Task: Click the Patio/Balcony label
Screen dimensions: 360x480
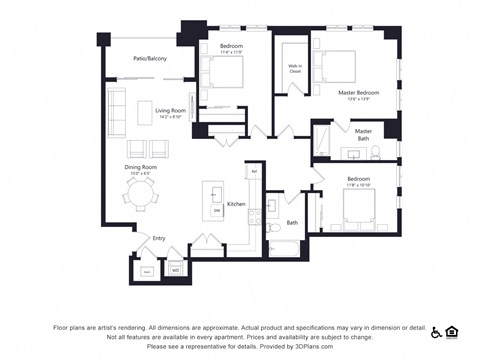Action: pos(150,59)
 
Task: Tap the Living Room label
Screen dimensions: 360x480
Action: pos(169,111)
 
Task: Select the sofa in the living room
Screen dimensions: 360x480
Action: pos(116,110)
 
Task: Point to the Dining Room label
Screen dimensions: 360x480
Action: pos(140,168)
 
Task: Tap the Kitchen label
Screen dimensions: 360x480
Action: pos(236,204)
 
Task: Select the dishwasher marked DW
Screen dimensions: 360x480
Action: pos(217,211)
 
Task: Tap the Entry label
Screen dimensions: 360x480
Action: pos(159,239)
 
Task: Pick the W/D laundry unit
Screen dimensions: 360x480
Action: pos(175,269)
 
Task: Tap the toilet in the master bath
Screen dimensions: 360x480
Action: pos(375,152)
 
